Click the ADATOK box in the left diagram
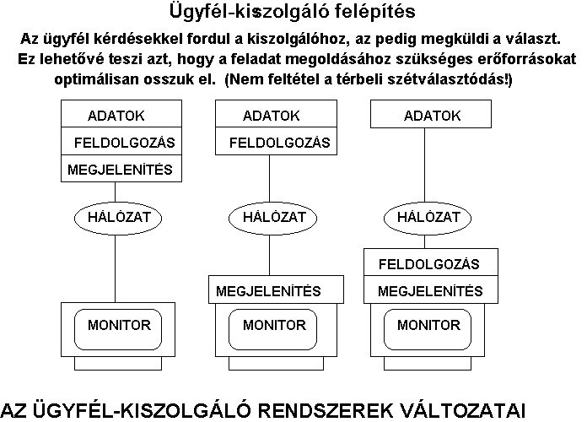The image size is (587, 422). pyautogui.click(x=121, y=114)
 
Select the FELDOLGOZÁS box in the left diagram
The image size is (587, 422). pyautogui.click(x=121, y=141)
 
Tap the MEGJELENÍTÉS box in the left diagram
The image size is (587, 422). pyautogui.click(x=121, y=168)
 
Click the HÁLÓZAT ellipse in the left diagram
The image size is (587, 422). pyautogui.click(x=118, y=218)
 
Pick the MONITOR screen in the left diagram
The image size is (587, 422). pyautogui.click(x=118, y=329)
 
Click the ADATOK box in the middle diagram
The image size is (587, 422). pyautogui.click(x=276, y=114)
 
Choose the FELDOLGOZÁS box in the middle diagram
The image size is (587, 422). pyautogui.click(x=276, y=141)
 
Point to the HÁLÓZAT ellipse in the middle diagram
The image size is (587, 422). pyautogui.click(x=272, y=218)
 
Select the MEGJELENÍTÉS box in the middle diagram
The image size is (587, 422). pyautogui.click(x=276, y=289)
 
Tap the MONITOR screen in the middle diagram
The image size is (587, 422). pyautogui.click(x=272, y=329)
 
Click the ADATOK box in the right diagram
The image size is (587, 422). pyautogui.click(x=431, y=114)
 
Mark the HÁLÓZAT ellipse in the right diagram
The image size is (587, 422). pyautogui.click(x=428, y=218)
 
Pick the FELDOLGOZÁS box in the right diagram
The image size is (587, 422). pyautogui.click(x=431, y=262)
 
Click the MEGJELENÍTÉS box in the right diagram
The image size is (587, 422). pyautogui.click(x=431, y=289)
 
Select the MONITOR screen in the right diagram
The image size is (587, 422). pyautogui.click(x=428, y=329)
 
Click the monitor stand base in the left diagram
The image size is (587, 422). pyautogui.click(x=118, y=363)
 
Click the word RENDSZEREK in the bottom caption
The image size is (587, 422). pyautogui.click(x=325, y=411)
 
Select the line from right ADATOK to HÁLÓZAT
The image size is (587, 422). pyautogui.click(x=424, y=167)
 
